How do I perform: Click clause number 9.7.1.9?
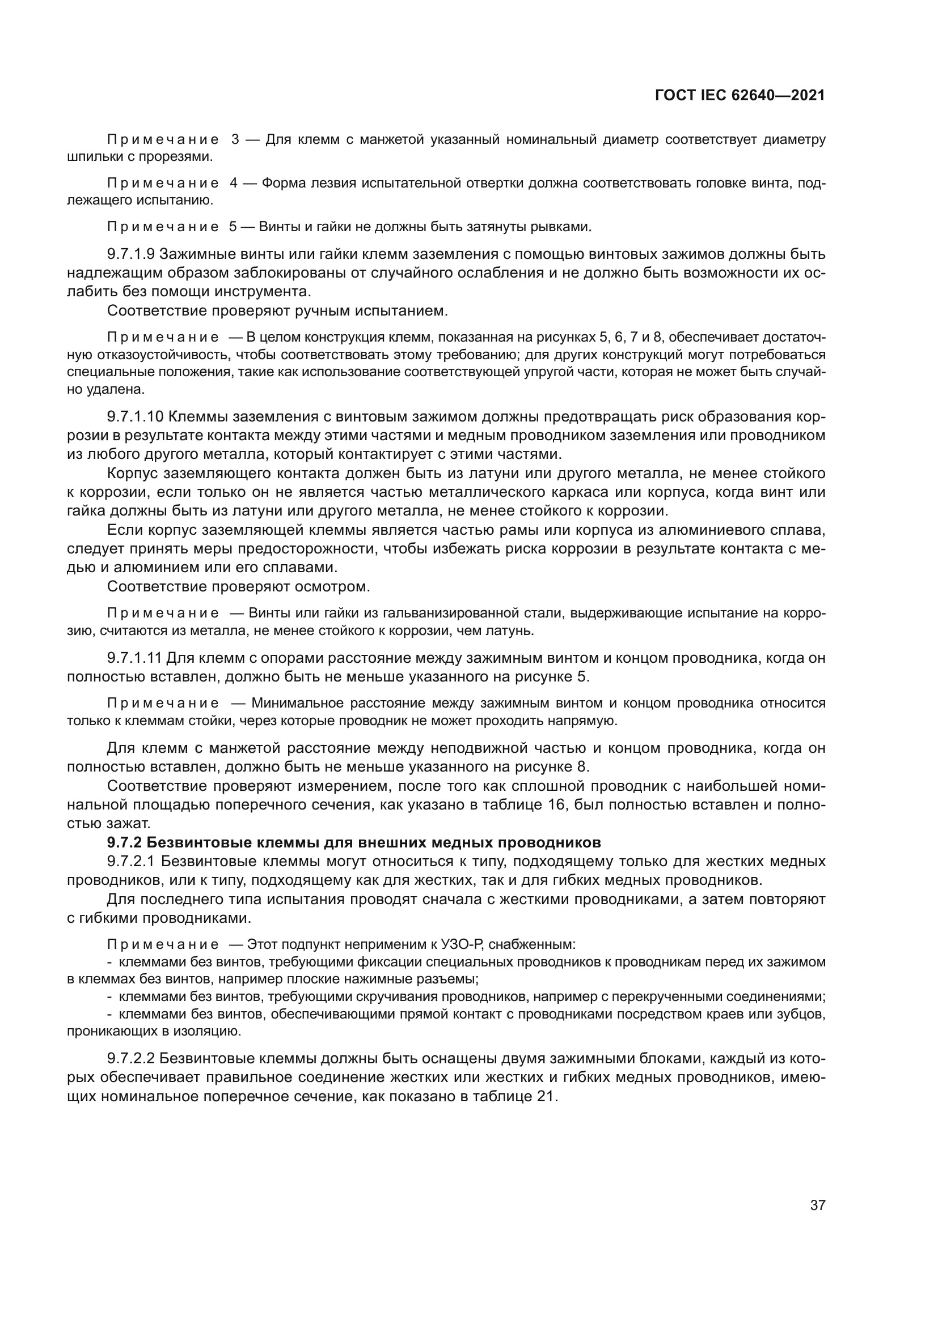[131, 254]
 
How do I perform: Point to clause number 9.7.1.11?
[136, 658]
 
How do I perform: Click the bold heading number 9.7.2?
[122, 842]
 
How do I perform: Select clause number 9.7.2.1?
[131, 862]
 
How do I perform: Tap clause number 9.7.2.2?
[131, 1059]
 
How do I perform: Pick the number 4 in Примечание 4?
[233, 183]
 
